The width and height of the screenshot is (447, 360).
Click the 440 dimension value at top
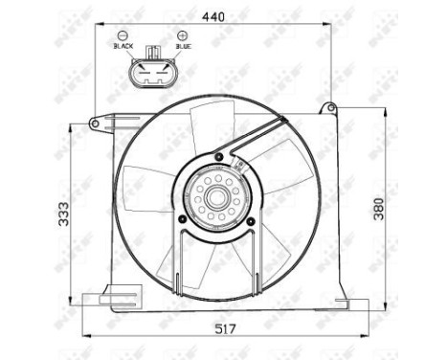[214, 15]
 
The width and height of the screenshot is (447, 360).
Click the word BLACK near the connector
[123, 45]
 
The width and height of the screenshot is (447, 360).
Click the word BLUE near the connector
[183, 45]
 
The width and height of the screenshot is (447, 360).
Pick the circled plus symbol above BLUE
[182, 34]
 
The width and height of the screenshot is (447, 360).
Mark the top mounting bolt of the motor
[220, 156]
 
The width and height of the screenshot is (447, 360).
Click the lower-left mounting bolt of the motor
[180, 221]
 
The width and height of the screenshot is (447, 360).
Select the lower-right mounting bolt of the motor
[250, 221]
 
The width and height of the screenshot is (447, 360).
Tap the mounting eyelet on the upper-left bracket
[96, 122]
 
